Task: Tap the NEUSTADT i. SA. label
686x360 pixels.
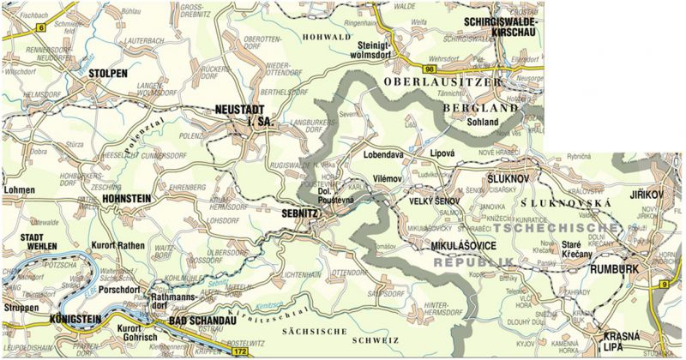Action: pyautogui.click(x=244, y=117)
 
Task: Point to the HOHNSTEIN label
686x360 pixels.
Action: pyautogui.click(x=126, y=198)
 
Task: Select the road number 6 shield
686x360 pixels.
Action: pyautogui.click(x=40, y=28)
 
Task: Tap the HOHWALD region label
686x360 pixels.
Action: pyautogui.click(x=322, y=37)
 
